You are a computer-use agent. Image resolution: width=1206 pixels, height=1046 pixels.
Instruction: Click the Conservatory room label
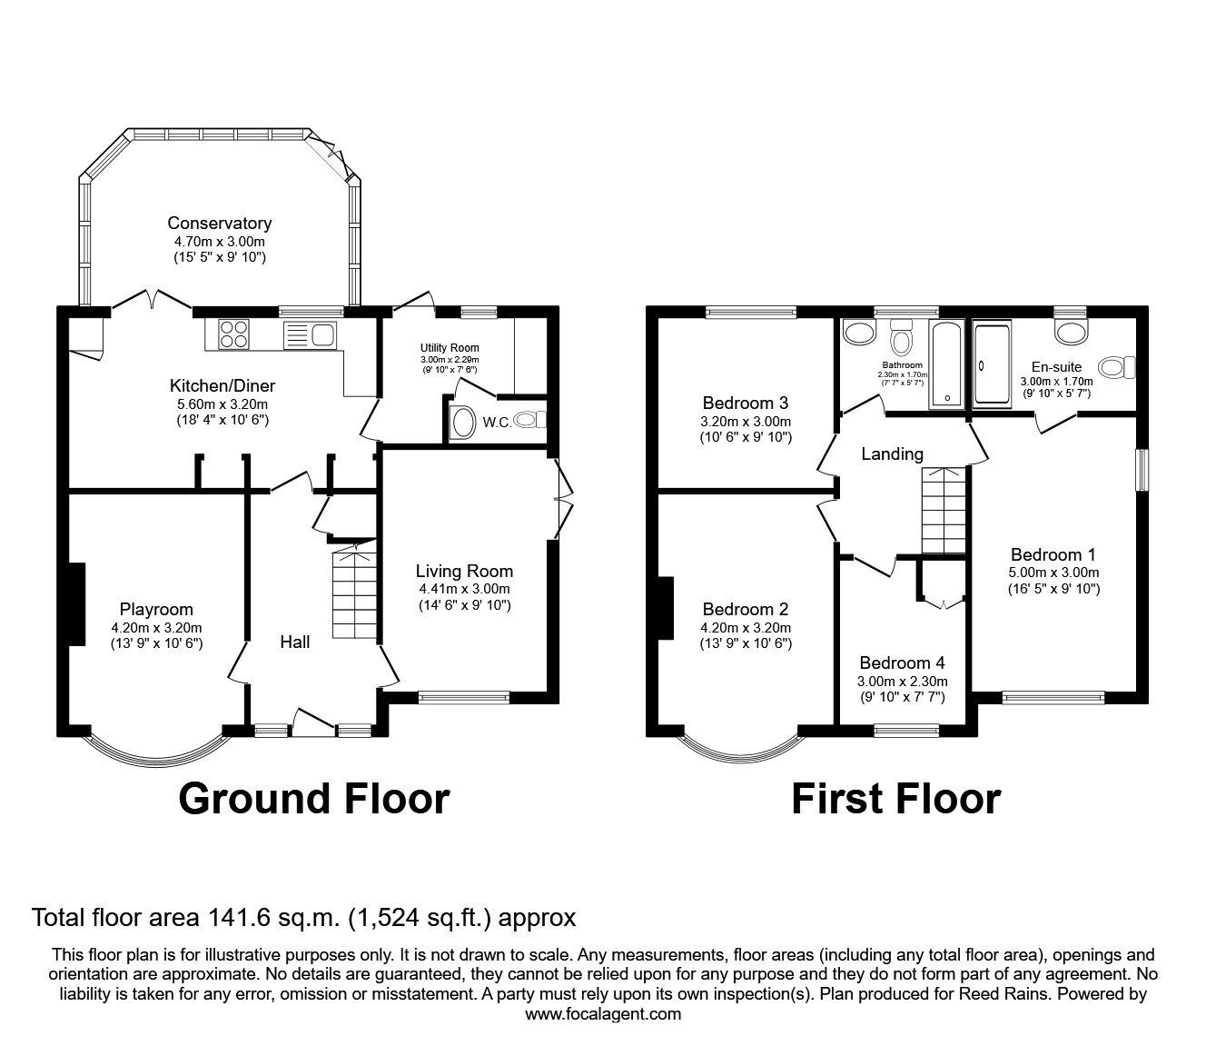(x=219, y=223)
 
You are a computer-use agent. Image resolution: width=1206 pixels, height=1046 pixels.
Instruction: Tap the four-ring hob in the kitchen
(x=233, y=334)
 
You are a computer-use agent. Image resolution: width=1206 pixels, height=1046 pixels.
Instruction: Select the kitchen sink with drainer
(x=311, y=334)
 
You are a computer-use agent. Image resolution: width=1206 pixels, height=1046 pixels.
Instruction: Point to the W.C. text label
(x=496, y=422)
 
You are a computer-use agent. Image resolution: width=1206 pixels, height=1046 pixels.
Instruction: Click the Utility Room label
(x=449, y=347)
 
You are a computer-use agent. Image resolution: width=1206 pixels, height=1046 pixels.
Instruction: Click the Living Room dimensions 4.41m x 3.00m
(x=464, y=588)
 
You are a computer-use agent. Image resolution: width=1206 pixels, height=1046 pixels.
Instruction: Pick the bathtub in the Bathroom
(x=949, y=362)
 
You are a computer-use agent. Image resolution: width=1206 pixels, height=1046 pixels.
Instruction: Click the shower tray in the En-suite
(x=992, y=364)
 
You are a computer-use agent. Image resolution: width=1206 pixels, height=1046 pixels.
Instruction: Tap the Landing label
(x=892, y=453)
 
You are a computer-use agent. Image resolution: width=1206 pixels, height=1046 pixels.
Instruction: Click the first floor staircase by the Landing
(x=945, y=510)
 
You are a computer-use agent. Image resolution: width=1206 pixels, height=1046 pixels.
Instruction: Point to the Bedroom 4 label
(x=895, y=662)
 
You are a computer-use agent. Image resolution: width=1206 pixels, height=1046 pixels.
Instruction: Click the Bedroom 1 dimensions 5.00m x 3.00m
(x=1053, y=573)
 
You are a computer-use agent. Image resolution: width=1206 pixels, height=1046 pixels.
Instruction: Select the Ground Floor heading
(x=313, y=799)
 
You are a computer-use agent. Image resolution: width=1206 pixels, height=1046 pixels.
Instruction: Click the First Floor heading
(x=895, y=799)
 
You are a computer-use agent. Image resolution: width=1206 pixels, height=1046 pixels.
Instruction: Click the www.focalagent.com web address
(x=603, y=1013)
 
